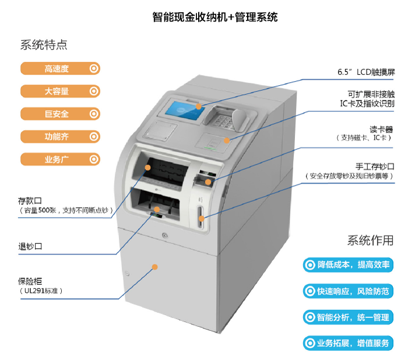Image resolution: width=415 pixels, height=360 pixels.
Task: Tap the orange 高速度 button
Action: pos(62,69)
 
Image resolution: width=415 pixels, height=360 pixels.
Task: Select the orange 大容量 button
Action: pos(62,91)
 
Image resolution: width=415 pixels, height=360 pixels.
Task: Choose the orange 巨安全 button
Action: pos(62,114)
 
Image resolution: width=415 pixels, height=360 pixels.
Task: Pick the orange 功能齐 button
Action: pos(62,137)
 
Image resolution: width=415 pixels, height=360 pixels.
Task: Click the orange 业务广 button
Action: pos(62,159)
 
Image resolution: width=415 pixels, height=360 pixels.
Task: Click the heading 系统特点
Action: pos(44,45)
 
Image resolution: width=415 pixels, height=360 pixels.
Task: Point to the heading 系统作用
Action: pos(370,240)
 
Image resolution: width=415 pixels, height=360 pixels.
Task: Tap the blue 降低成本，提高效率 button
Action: pos(348,265)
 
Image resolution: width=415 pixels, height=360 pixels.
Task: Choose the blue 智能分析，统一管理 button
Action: pos(348,317)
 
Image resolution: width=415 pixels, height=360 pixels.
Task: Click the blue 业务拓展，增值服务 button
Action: pos(348,343)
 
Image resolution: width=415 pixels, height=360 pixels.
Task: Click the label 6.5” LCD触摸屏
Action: pos(366,72)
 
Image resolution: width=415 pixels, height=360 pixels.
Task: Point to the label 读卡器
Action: pos(381,129)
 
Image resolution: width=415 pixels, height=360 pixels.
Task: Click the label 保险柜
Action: pos(30,281)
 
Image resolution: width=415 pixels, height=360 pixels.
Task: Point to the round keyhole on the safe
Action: pos(165,235)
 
